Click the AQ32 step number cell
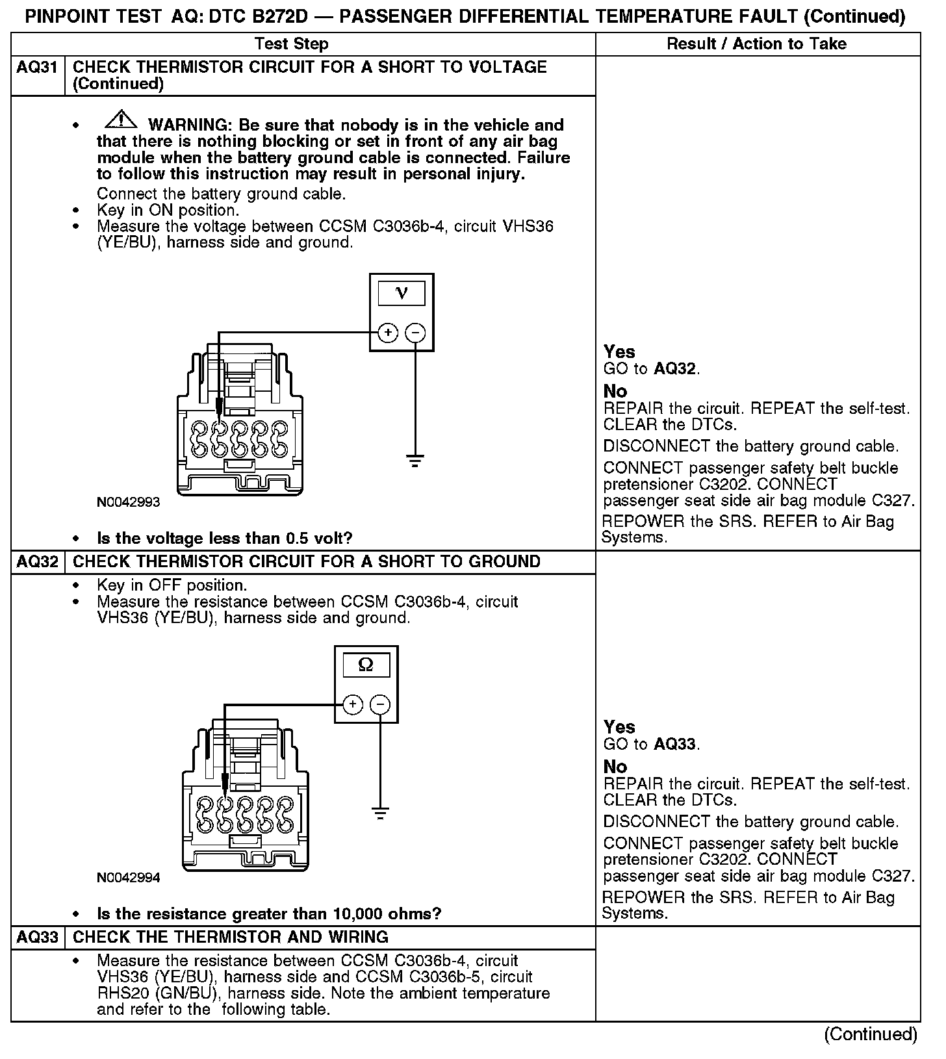37,562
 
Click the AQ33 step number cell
37,938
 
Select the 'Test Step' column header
292,44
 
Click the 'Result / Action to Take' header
757,44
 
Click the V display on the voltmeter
402,294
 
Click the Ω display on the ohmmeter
366,665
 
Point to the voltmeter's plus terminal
388,333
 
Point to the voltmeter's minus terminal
415,333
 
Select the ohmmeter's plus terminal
352,705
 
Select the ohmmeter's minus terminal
380,705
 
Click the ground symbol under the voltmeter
415,461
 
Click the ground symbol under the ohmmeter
380,812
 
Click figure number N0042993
128,502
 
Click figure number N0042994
128,878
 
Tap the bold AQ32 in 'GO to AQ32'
675,370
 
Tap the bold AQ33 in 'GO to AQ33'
675,745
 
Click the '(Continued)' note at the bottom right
871,1034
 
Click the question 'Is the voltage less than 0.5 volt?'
224,539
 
